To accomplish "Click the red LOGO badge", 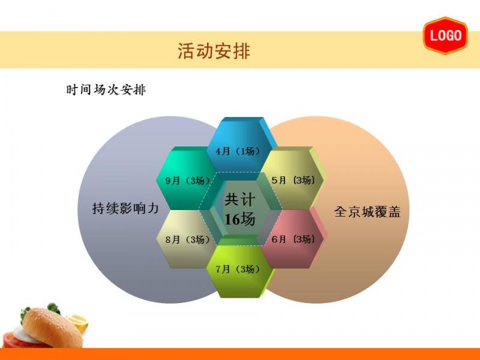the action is (446, 35).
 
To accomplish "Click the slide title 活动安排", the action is (214, 51).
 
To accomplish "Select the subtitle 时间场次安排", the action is (106, 89).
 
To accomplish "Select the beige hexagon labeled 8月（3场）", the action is (187, 239).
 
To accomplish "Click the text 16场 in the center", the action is (239, 219).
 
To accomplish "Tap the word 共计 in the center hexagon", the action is (239, 200).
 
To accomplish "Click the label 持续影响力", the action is (125, 208).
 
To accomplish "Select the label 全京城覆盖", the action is (367, 212).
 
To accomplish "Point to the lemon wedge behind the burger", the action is (78, 322).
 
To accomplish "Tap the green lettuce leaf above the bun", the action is (53, 308).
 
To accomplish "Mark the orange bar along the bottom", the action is (240, 354).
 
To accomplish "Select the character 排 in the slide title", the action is (242, 51).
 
